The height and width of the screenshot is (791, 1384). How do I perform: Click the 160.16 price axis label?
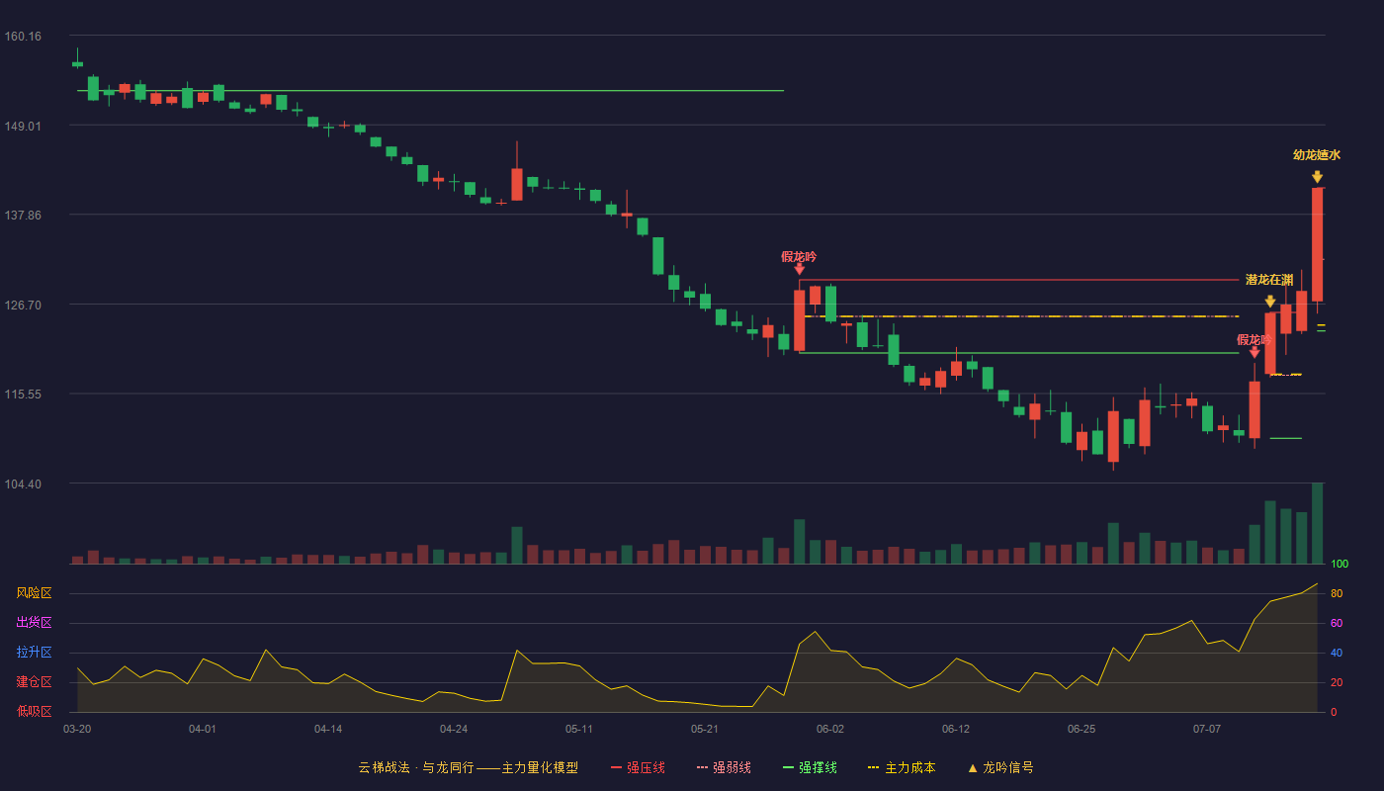coord(23,37)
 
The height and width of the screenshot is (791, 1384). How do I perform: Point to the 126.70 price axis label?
coord(23,306)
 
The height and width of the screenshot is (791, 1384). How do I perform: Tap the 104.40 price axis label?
coord(23,483)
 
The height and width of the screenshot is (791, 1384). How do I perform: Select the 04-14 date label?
coord(328,730)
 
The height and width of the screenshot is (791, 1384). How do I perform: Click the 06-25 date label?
coord(1081,730)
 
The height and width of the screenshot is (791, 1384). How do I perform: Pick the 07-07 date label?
coord(1207,730)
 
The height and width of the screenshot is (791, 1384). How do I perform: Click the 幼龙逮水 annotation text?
coord(1317,155)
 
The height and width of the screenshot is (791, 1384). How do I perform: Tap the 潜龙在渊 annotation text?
coord(1269,280)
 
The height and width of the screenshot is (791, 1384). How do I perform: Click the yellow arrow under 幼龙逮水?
coord(1317,177)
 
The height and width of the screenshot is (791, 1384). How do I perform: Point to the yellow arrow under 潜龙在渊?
coord(1269,301)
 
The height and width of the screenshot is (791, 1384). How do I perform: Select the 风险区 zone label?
coord(34,593)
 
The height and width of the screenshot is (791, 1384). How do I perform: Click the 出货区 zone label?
coord(34,622)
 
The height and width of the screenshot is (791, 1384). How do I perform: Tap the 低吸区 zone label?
coord(34,711)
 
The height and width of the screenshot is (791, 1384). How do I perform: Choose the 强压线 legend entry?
coord(638,767)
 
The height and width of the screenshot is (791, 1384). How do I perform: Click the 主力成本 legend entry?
coord(902,767)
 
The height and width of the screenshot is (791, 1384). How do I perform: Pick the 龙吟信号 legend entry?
coord(1000,767)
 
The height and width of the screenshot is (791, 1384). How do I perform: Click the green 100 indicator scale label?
coord(1340,564)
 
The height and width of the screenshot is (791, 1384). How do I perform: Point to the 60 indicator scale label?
coord(1337,623)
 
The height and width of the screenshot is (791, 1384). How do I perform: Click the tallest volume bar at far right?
coord(1317,523)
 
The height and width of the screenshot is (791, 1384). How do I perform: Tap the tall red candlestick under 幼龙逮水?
coord(1317,245)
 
